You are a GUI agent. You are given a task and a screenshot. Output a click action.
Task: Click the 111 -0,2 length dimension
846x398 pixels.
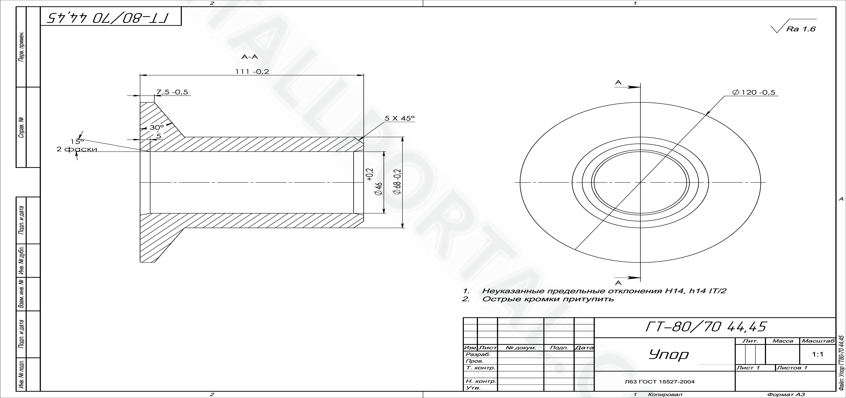[252, 71]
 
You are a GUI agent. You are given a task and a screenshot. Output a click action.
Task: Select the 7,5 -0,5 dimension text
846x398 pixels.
[172, 92]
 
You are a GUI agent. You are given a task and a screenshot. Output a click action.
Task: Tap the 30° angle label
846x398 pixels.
[157, 127]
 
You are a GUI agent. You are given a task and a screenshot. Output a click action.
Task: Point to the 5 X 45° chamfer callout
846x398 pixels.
[400, 118]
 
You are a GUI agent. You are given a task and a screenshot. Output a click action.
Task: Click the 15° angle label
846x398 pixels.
[77, 141]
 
